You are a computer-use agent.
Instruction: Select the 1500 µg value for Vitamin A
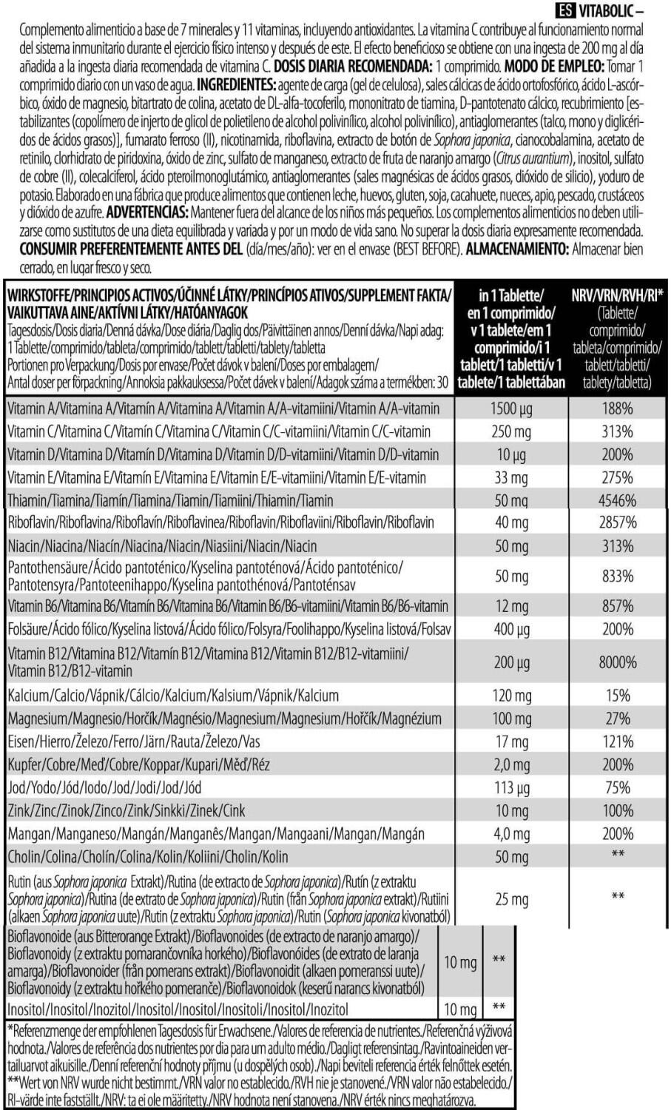pos(511,408)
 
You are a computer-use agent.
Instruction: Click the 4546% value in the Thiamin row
pos(617,500)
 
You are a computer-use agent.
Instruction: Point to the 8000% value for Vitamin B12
pos(617,662)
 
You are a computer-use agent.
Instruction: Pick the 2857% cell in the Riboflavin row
pos(617,522)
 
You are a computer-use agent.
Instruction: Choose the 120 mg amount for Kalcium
pos(511,696)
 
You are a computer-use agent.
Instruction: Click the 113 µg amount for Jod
pos(511,787)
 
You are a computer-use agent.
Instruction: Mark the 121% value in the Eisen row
pos(617,741)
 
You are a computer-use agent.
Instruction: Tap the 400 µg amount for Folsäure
pos(511,629)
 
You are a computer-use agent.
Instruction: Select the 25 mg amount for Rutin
pos(511,899)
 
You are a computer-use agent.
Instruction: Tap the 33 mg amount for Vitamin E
pos(511,477)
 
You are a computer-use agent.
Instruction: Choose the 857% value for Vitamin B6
pos(617,606)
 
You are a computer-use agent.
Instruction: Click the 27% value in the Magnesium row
pos(617,719)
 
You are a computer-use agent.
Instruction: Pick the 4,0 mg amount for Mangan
pos(511,834)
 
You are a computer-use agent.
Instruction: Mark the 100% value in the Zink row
pos(617,810)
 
